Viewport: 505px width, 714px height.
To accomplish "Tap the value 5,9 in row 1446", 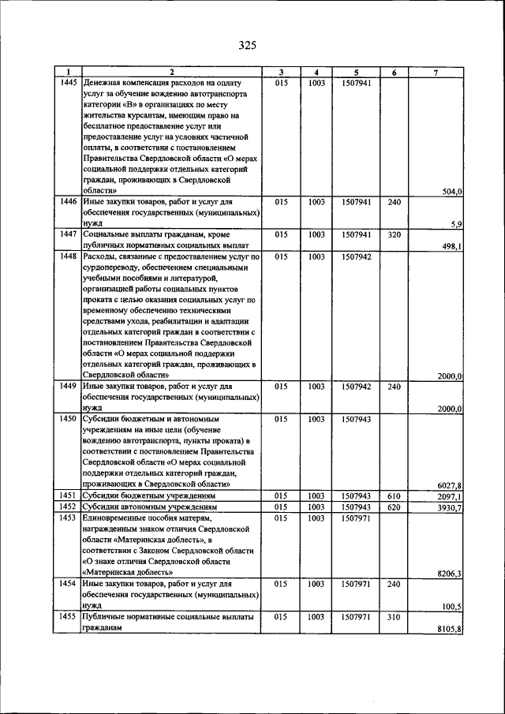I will pos(456,225).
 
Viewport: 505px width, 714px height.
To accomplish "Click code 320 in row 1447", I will pos(395,235).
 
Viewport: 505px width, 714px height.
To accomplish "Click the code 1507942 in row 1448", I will pos(357,256).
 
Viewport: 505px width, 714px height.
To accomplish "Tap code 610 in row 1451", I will pos(395,495).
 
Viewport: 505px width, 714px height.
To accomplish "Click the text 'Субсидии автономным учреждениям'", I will pos(149,507).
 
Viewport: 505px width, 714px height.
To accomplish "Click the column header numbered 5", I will pos(357,73).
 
